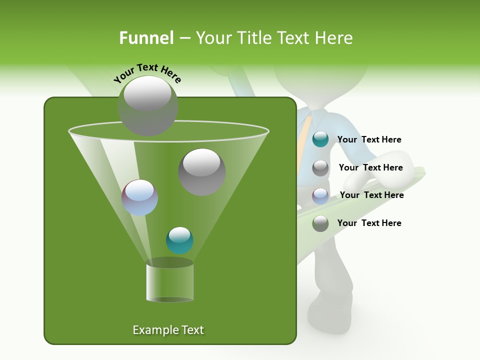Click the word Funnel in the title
[146, 38]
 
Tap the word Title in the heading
[252, 38]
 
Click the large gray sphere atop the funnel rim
[148, 106]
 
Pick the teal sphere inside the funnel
[179, 240]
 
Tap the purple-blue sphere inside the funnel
[139, 197]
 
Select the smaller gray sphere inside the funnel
[201, 172]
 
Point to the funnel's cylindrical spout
[169, 282]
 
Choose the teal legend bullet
[320, 139]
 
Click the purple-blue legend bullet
[320, 195]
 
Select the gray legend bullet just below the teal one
[320, 168]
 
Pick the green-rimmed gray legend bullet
[320, 223]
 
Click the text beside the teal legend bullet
[369, 139]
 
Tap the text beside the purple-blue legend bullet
[371, 195]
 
